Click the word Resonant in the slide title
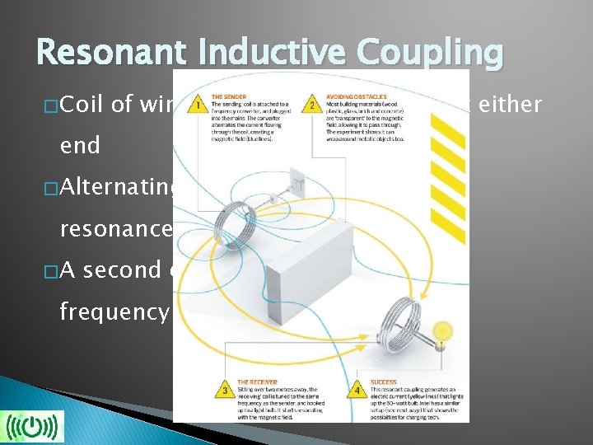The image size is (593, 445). pyautogui.click(x=102, y=53)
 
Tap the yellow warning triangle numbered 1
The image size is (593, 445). pyautogui.click(x=196, y=105)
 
